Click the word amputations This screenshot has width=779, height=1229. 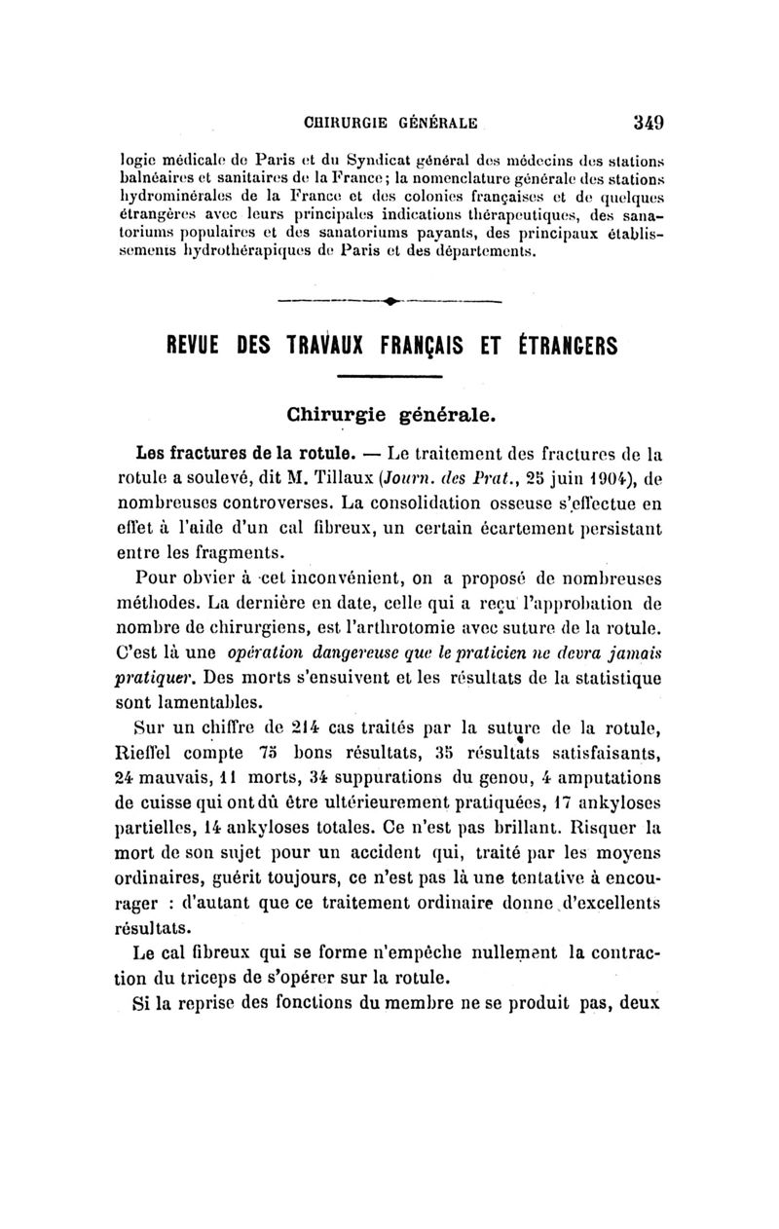pos(601,777)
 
